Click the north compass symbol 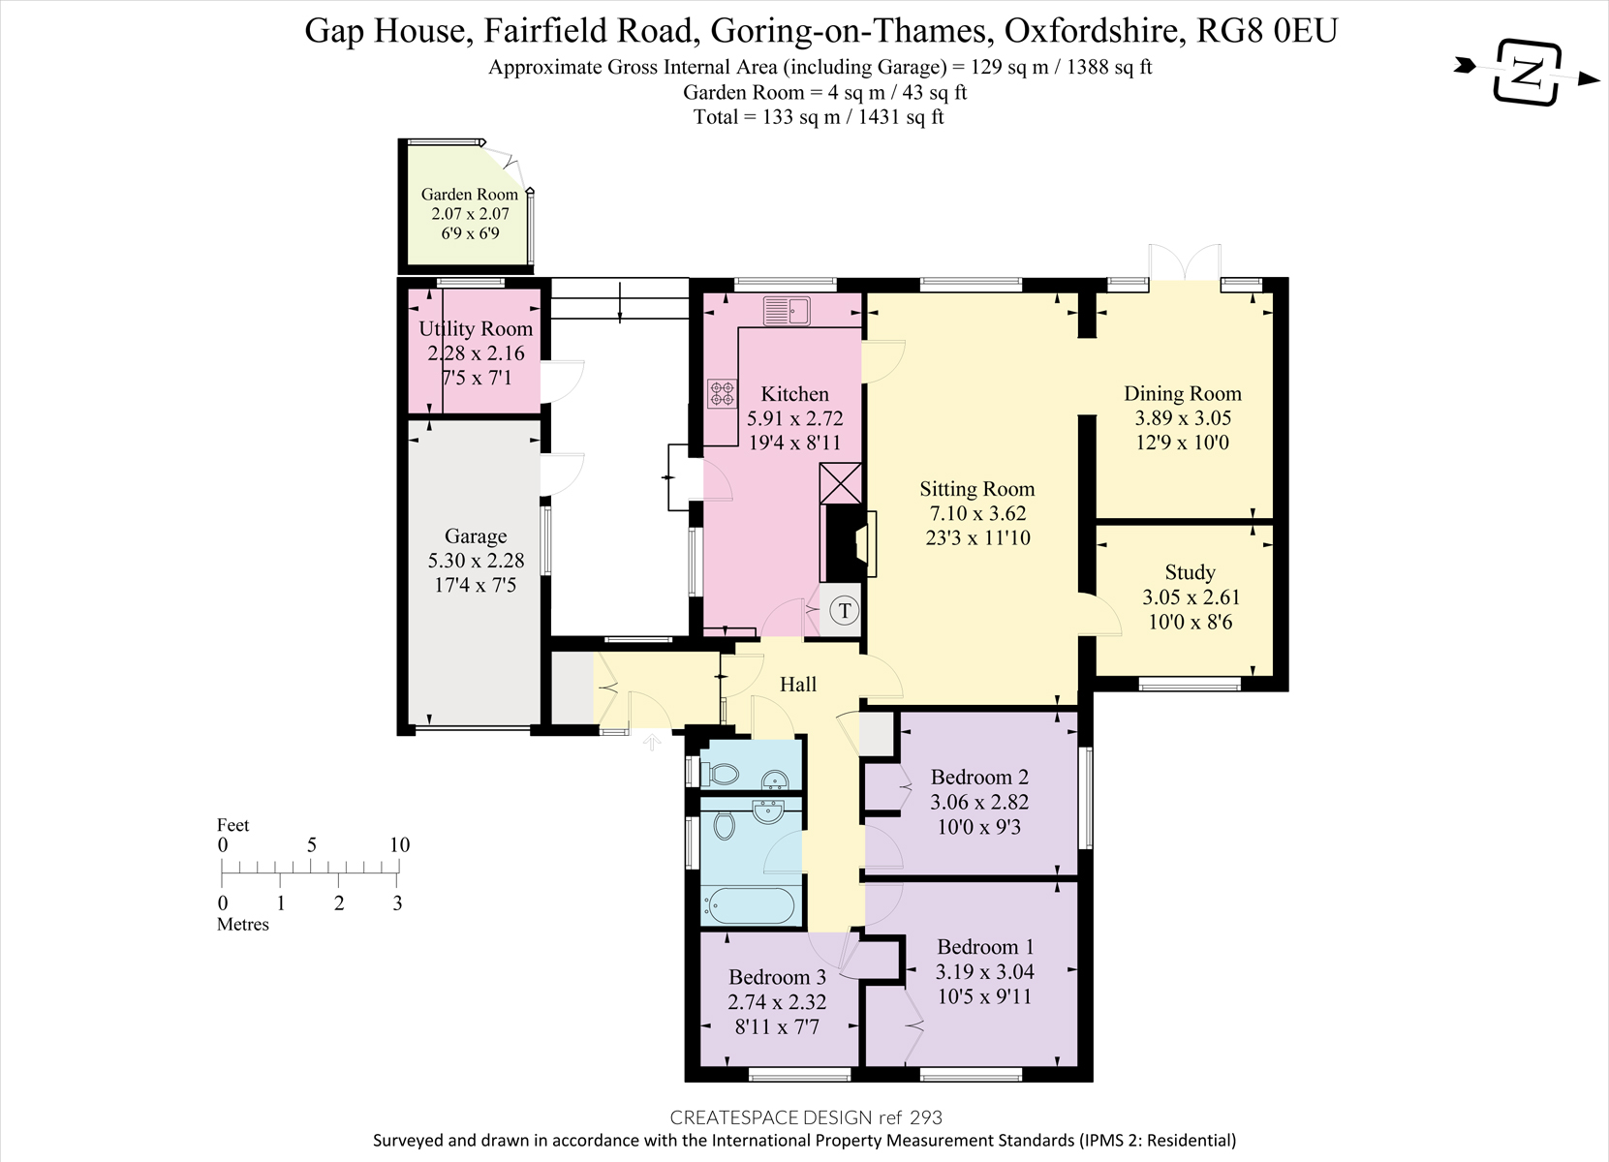1528,72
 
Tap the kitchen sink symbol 787,311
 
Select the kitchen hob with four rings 722,393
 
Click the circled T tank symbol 845,611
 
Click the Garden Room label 469,194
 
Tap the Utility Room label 475,329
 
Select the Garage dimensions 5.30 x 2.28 475,561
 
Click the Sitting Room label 976,489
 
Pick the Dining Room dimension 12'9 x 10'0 1182,443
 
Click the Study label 1190,572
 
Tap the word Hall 798,685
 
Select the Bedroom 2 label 978,777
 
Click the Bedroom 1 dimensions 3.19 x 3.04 984,971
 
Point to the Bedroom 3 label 776,977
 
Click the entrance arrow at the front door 652,742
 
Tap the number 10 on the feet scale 399,844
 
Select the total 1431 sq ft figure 897,117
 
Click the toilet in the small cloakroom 722,774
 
